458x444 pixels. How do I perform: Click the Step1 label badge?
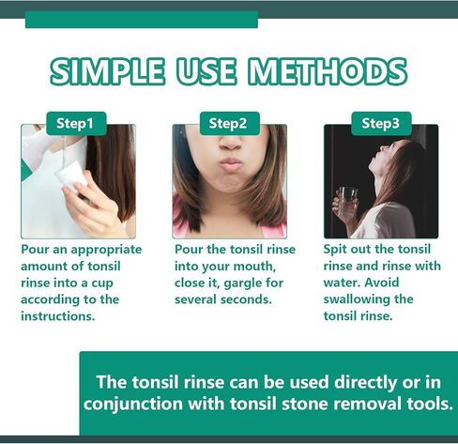76,124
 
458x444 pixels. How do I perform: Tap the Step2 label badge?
230,124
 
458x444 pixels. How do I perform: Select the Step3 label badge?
381,124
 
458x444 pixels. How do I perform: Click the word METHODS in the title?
328,71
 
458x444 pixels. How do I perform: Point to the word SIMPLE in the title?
107,71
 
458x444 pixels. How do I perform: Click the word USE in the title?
206,71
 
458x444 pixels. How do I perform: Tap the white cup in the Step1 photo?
71,176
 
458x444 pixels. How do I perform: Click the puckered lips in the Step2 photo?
230,164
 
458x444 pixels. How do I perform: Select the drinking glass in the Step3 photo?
347,203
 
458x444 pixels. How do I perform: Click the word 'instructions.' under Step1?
58,316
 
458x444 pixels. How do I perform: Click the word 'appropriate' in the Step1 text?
106,251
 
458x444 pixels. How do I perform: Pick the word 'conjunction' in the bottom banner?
133,405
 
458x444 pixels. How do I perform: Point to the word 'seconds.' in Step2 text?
246,299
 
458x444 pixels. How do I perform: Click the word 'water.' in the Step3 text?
342,283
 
